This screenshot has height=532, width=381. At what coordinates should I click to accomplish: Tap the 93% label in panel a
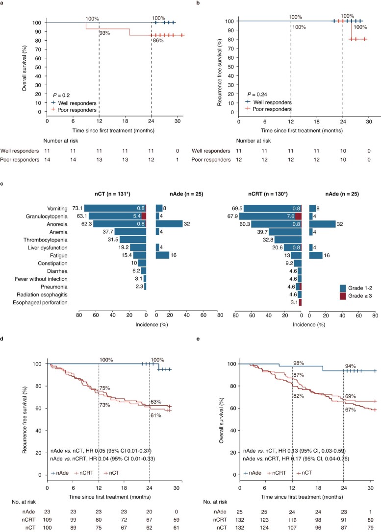(x=104, y=33)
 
